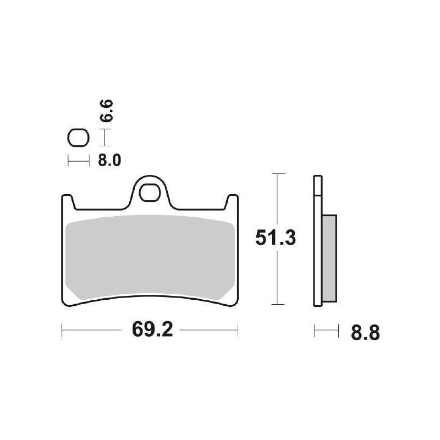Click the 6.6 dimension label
click(x=108, y=110)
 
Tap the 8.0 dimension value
click(x=109, y=161)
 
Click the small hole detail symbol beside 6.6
click(x=78, y=138)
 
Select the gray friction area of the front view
click(x=150, y=256)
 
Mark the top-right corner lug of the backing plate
click(x=233, y=201)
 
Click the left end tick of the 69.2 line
click(x=62, y=330)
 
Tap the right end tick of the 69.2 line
click(x=238, y=330)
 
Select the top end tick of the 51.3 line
click(x=279, y=174)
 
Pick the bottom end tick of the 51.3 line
click(x=279, y=304)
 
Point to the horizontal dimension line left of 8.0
click(x=78, y=161)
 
